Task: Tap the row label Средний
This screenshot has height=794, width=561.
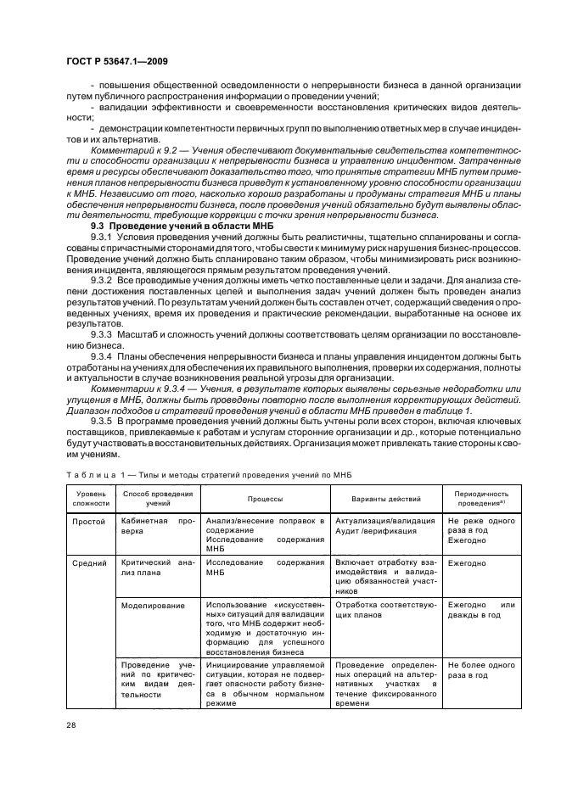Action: tap(91, 562)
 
